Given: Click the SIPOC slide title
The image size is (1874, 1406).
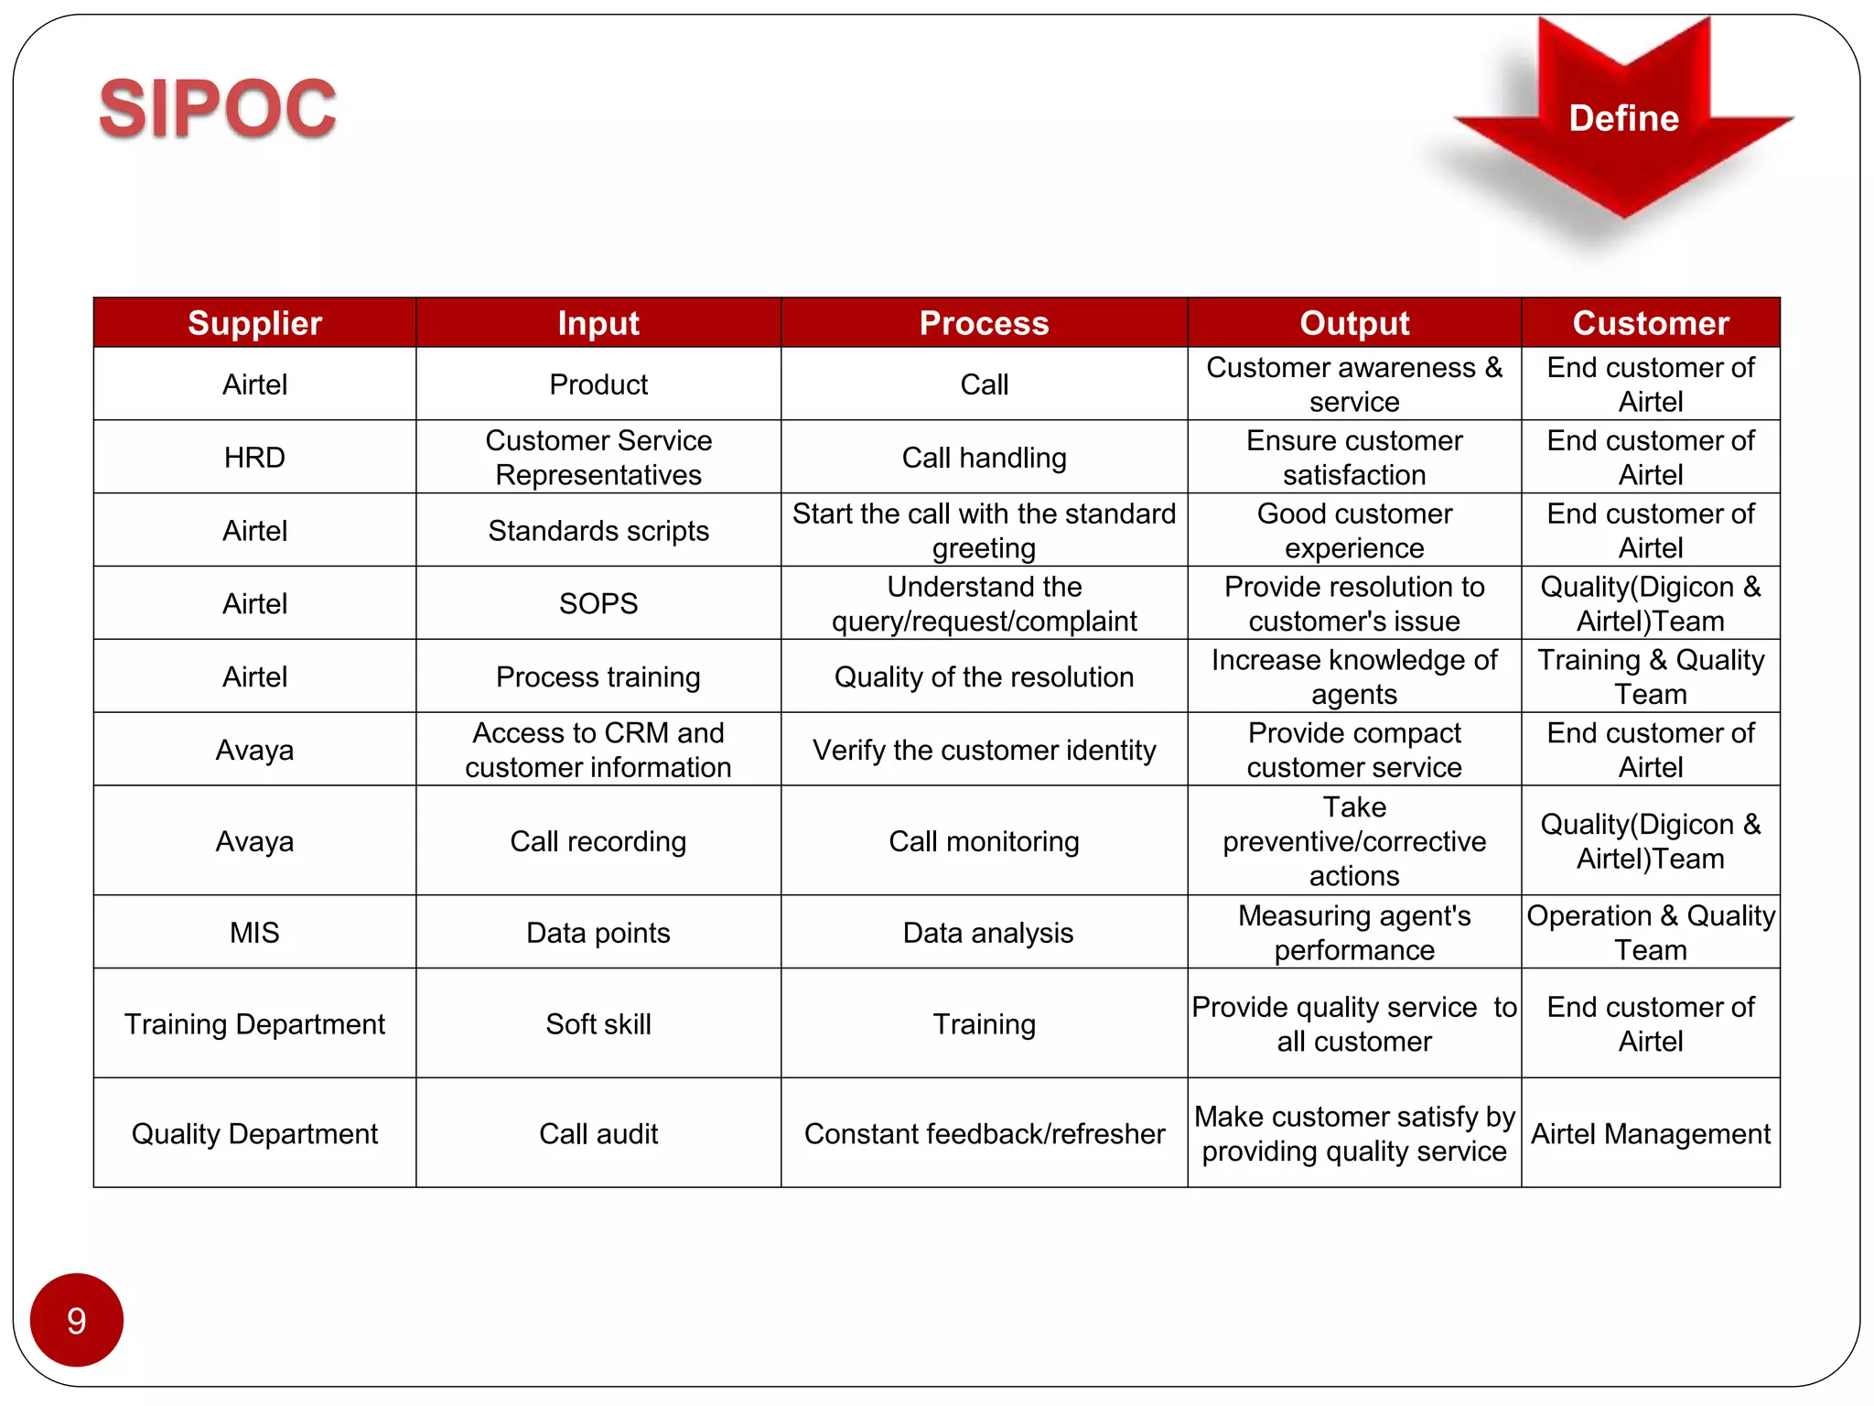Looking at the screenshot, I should click(x=218, y=109).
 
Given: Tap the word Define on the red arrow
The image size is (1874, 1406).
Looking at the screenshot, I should click(x=1623, y=118).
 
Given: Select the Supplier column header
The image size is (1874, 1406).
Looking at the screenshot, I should click(x=254, y=323).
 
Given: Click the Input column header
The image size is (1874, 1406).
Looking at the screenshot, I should click(x=598, y=323).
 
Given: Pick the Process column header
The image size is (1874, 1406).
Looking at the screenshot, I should click(x=984, y=323).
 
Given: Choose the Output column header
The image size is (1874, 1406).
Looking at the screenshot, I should click(x=1354, y=323).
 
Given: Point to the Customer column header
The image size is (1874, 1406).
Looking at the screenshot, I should click(x=1651, y=323).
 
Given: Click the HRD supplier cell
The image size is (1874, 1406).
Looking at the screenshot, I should click(x=254, y=458).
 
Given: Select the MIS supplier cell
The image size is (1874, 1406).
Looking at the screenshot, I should click(x=254, y=933).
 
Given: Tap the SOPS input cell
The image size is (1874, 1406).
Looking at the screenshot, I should click(x=598, y=604).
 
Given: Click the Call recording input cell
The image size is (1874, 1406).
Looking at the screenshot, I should click(x=598, y=841).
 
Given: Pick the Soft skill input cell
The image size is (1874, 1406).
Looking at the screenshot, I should click(x=598, y=1024).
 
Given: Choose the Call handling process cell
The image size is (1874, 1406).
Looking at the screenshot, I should click(x=984, y=458).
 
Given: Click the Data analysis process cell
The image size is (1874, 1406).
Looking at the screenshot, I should click(x=987, y=933).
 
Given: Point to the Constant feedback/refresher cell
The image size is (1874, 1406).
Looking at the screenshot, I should click(x=985, y=1134).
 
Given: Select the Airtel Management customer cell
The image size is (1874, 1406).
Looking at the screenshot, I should click(x=1651, y=1134).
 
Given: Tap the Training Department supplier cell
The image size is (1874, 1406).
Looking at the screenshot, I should click(x=254, y=1024).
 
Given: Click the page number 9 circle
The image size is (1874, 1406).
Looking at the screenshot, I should click(x=77, y=1320).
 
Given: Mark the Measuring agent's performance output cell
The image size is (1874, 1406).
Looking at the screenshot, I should click(x=1354, y=933).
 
